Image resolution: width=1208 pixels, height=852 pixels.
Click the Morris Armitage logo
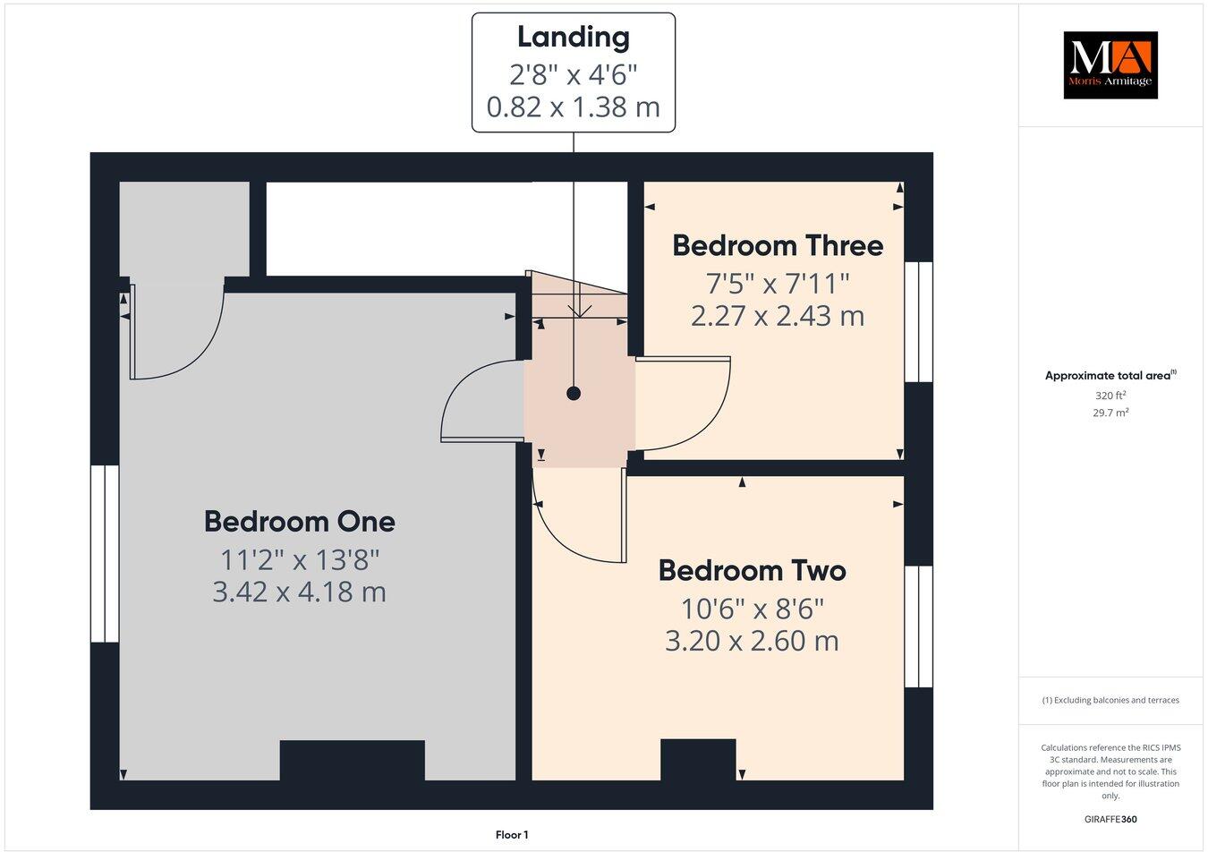coord(1110,64)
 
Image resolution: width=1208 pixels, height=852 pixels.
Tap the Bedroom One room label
coord(299,521)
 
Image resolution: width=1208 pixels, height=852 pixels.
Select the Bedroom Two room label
coord(752,570)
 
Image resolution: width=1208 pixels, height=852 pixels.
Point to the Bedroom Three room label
coord(777,245)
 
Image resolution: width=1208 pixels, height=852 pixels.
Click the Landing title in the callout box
coord(573,38)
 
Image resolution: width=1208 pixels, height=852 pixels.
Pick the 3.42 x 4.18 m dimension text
coord(299,592)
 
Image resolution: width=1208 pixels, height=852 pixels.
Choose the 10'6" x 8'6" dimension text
coord(752,609)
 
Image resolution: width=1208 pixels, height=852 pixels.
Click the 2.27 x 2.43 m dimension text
coord(777,316)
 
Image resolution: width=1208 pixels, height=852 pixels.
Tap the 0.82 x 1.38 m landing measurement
coord(573,107)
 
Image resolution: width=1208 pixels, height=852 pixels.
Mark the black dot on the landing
coord(574,393)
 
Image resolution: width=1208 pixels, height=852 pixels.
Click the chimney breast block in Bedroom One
coord(352,761)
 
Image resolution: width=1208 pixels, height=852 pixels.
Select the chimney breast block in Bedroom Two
coord(698,760)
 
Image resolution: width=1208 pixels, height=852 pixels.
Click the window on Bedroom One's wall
coord(105,553)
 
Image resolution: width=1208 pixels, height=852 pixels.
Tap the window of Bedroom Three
coord(918,322)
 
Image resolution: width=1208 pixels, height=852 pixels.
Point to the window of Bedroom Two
coord(918,626)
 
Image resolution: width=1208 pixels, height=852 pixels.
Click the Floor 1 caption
coord(512,835)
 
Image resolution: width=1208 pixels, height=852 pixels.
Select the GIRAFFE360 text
coord(1110,819)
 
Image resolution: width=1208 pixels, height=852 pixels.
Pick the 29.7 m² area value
coord(1110,413)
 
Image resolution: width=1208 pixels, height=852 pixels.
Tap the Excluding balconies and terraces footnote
coord(1110,700)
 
